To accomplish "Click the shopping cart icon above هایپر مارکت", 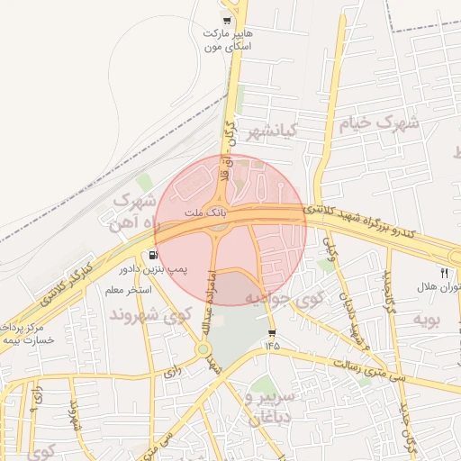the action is pyautogui.click(x=227, y=21).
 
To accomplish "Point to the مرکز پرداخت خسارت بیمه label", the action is pyautogui.click(x=28, y=333).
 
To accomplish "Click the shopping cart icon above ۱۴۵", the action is pyautogui.click(x=272, y=331).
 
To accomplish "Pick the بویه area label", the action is pyautogui.click(x=426, y=319).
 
